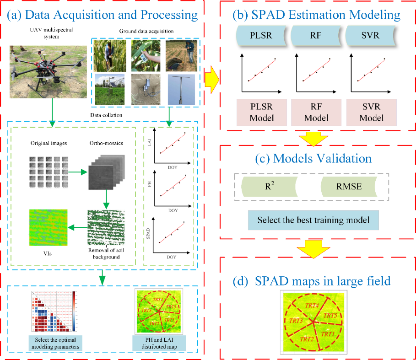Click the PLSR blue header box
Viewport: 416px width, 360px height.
[260, 35]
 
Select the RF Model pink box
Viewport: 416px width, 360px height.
[316, 112]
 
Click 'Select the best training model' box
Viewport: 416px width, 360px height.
[313, 220]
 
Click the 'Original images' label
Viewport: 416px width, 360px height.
[49, 143]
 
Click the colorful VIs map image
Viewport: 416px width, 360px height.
[48, 228]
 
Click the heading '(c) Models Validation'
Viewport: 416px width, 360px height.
[313, 159]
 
